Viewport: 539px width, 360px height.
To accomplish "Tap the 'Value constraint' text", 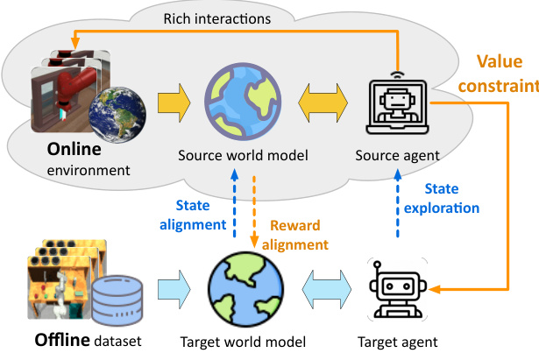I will pyautogui.click(x=505, y=74).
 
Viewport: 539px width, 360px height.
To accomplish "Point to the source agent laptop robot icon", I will pyautogui.click(x=395, y=103).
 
